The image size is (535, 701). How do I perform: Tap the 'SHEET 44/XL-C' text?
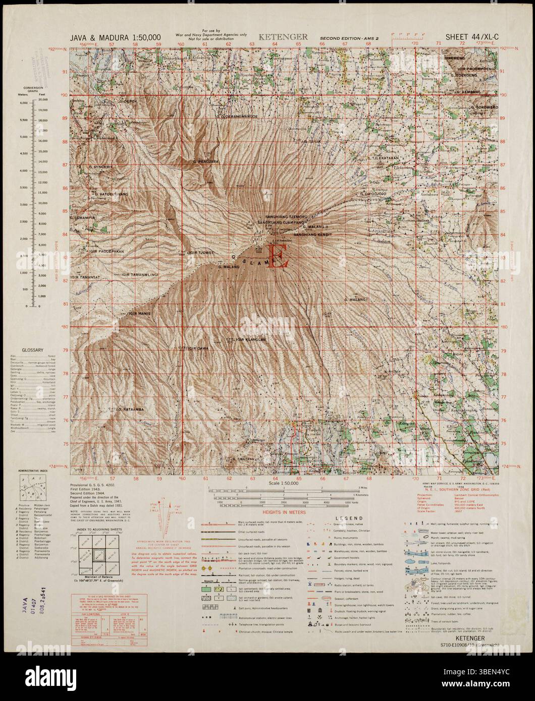472,37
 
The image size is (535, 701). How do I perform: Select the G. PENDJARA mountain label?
205,161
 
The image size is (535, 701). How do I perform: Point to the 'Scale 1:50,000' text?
283,483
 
